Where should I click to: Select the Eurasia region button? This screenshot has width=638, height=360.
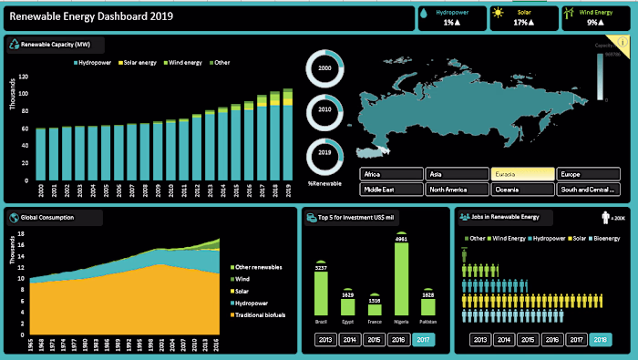[523, 173]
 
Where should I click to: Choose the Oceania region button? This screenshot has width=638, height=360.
[523, 190]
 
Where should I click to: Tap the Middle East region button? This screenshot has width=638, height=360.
[391, 190]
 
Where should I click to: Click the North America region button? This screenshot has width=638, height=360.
[457, 190]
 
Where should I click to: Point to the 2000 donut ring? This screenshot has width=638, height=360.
[325, 66]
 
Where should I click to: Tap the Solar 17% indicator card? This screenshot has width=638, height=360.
[522, 17]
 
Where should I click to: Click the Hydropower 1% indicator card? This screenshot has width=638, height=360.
[450, 17]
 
